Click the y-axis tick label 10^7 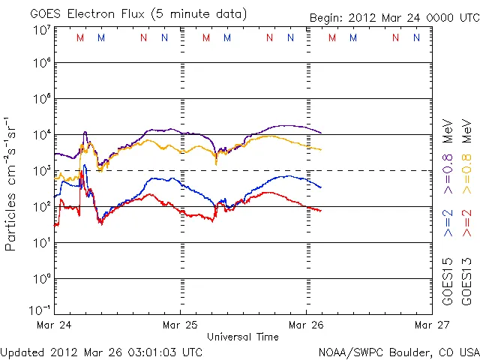[41, 30]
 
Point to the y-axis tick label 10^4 [41, 135]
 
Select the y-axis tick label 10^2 [41, 206]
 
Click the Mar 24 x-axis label [54, 325]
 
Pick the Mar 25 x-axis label [180, 325]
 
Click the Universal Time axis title [243, 337]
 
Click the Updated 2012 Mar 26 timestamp [101, 352]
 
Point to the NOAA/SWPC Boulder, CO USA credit [398, 352]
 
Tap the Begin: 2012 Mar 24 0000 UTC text [394, 18]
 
